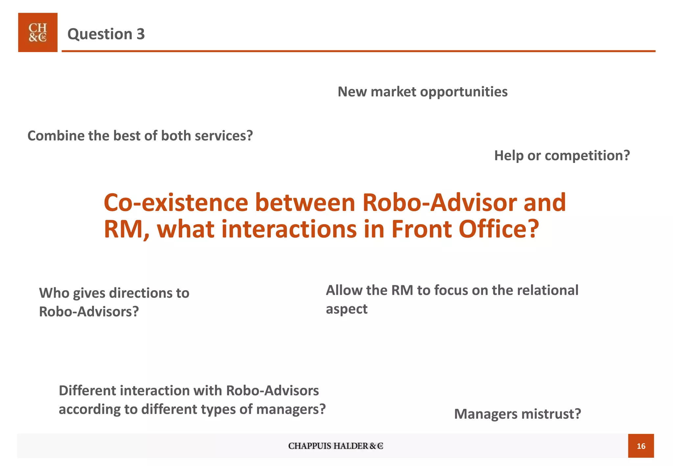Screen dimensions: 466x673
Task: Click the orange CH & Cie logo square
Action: (x=38, y=33)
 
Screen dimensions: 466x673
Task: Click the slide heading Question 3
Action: (x=106, y=34)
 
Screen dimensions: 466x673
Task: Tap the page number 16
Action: (x=641, y=446)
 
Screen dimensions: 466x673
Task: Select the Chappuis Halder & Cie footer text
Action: (x=336, y=446)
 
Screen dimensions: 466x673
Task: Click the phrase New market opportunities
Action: (x=423, y=92)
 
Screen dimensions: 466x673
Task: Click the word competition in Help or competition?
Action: (x=587, y=155)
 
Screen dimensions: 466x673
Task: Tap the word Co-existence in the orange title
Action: (x=176, y=202)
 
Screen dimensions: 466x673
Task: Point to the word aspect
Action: (x=347, y=309)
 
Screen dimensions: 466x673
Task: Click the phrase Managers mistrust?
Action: (x=518, y=414)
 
